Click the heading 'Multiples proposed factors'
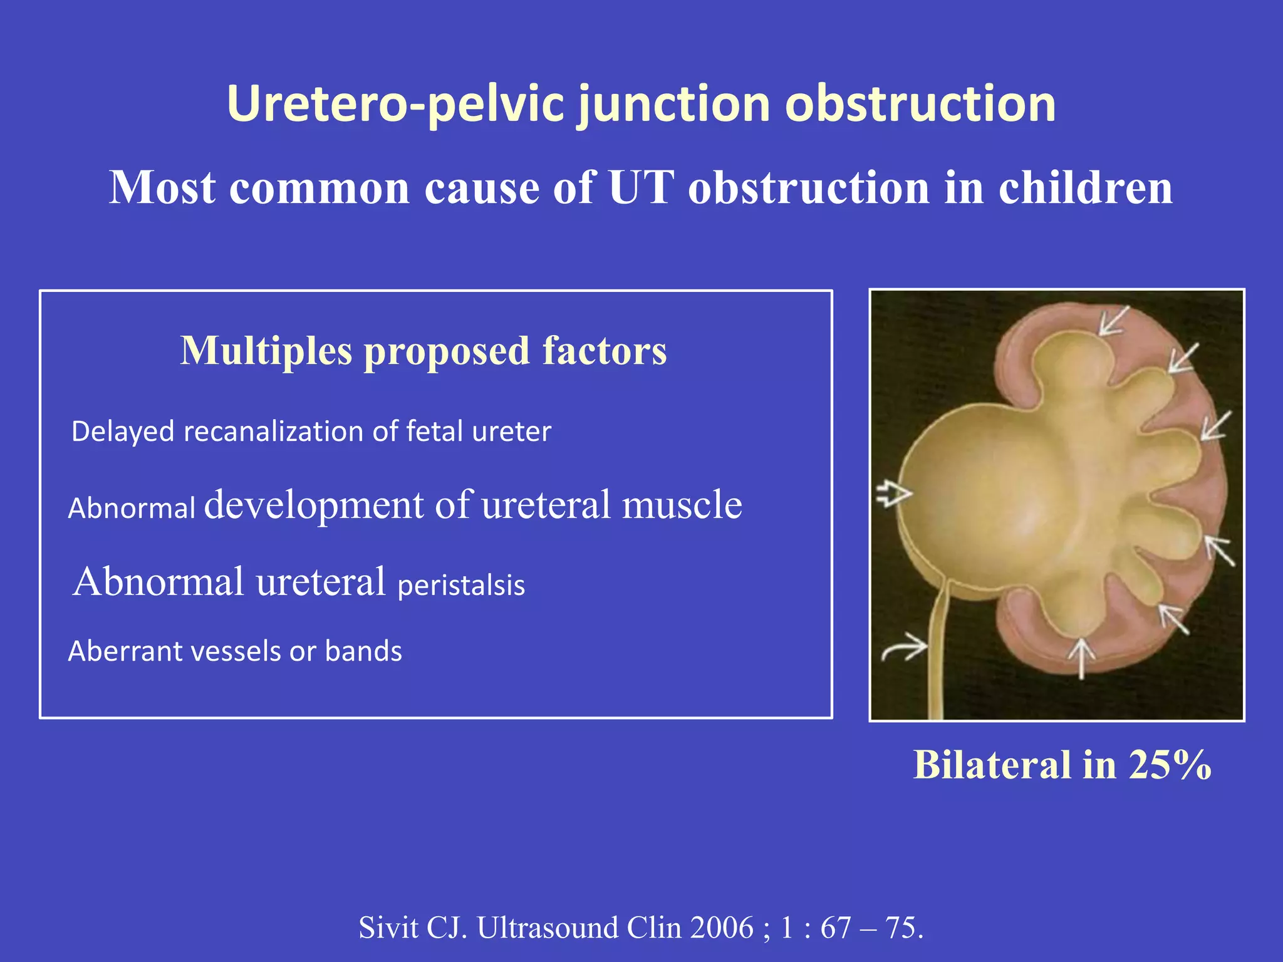[423, 351]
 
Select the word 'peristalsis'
[461, 586]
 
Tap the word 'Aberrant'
[125, 651]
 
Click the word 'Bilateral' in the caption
[992, 765]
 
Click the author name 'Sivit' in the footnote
[388, 928]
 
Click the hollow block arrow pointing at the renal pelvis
[893, 494]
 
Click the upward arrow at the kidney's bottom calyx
[1081, 658]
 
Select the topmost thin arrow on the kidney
[1114, 321]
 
